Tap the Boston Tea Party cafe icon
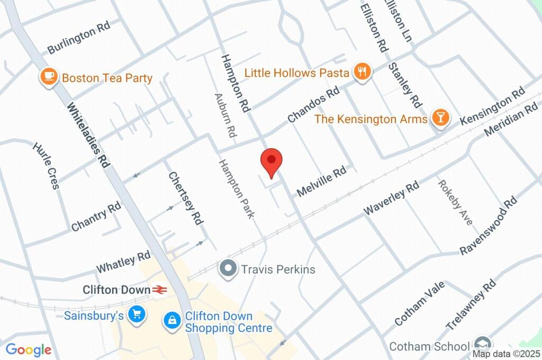(49, 77)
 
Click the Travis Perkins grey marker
(229, 269)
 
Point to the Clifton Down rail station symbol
(159, 290)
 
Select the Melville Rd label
(322, 181)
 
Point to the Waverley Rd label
(391, 198)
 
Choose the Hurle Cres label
(47, 165)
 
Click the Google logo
(29, 350)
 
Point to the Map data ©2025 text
(507, 354)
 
